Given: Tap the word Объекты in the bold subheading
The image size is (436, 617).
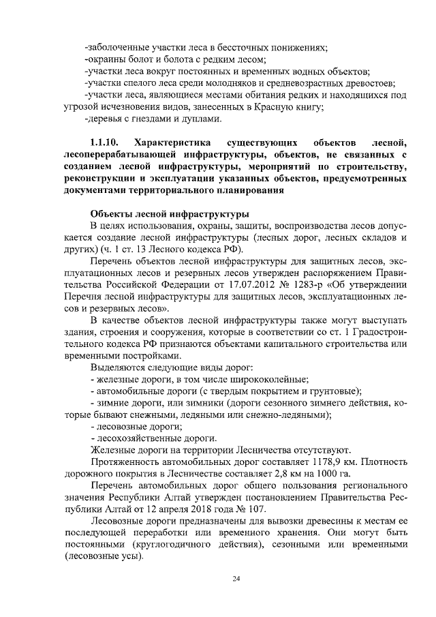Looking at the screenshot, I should coord(112,211).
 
